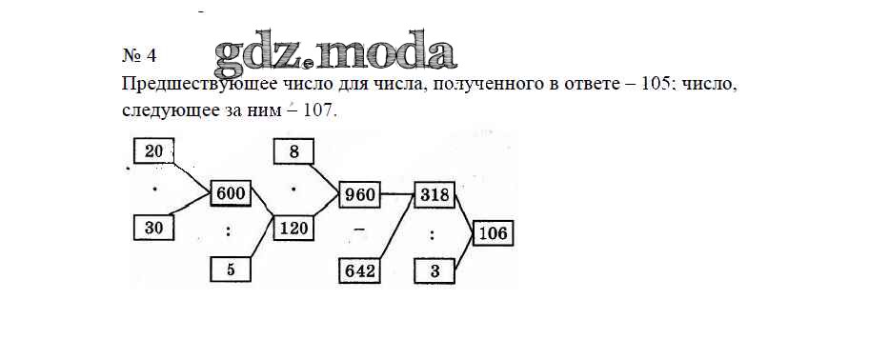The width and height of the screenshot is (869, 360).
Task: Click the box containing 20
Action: [153, 150]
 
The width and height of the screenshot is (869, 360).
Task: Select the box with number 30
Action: [153, 228]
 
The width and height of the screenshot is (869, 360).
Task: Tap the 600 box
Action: [231, 193]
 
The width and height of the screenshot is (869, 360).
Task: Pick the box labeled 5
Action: [231, 270]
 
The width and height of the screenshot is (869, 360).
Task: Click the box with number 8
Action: [293, 151]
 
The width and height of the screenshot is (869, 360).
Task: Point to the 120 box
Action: [293, 228]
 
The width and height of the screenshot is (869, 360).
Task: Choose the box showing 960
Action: [359, 194]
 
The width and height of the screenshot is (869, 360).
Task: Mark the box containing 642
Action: [359, 270]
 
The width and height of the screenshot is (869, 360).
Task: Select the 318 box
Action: [434, 194]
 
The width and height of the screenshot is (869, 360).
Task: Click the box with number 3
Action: [434, 270]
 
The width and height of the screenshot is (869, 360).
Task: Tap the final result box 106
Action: [494, 233]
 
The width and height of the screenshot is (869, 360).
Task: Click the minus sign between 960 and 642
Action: [359, 230]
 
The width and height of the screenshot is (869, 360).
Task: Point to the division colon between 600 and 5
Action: [229, 232]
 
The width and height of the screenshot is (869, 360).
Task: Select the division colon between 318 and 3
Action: [433, 235]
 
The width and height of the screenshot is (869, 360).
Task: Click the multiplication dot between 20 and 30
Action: [154, 189]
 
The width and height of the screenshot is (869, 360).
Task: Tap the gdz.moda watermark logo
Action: [335, 53]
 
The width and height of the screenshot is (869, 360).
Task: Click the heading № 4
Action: [139, 55]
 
